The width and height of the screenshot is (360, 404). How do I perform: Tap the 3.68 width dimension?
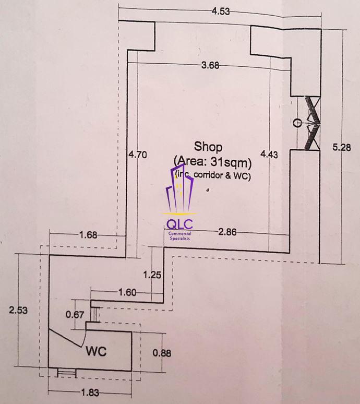[210, 65]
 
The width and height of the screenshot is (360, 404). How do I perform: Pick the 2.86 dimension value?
[227, 232]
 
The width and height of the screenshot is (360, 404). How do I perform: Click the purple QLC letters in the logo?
[179, 224]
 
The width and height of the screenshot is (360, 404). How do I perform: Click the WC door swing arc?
[84, 337]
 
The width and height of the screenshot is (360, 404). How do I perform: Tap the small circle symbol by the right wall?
[297, 123]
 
